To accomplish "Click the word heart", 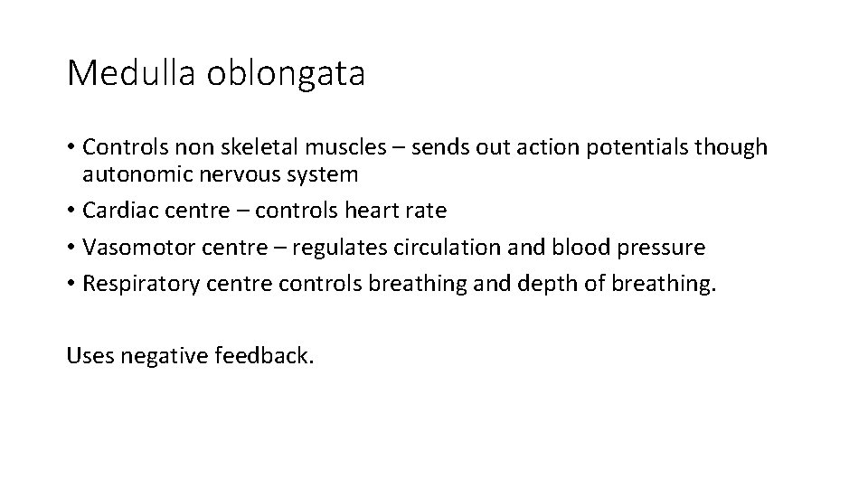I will [373, 211].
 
